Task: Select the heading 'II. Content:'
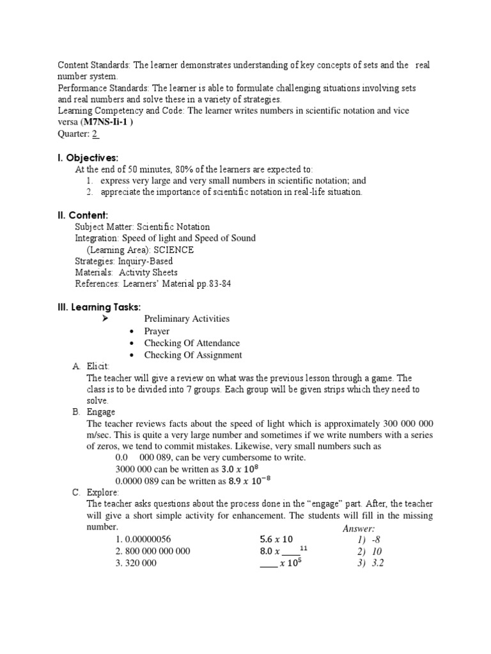82,215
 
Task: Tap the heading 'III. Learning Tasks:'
99,307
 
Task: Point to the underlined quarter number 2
95,133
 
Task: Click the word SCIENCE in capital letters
173,250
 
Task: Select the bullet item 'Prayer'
157,331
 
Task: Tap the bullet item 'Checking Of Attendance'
192,343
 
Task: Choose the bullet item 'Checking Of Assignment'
193,355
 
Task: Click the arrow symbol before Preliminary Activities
106,319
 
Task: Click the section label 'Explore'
102,492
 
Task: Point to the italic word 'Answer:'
359,528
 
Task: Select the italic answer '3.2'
377,563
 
